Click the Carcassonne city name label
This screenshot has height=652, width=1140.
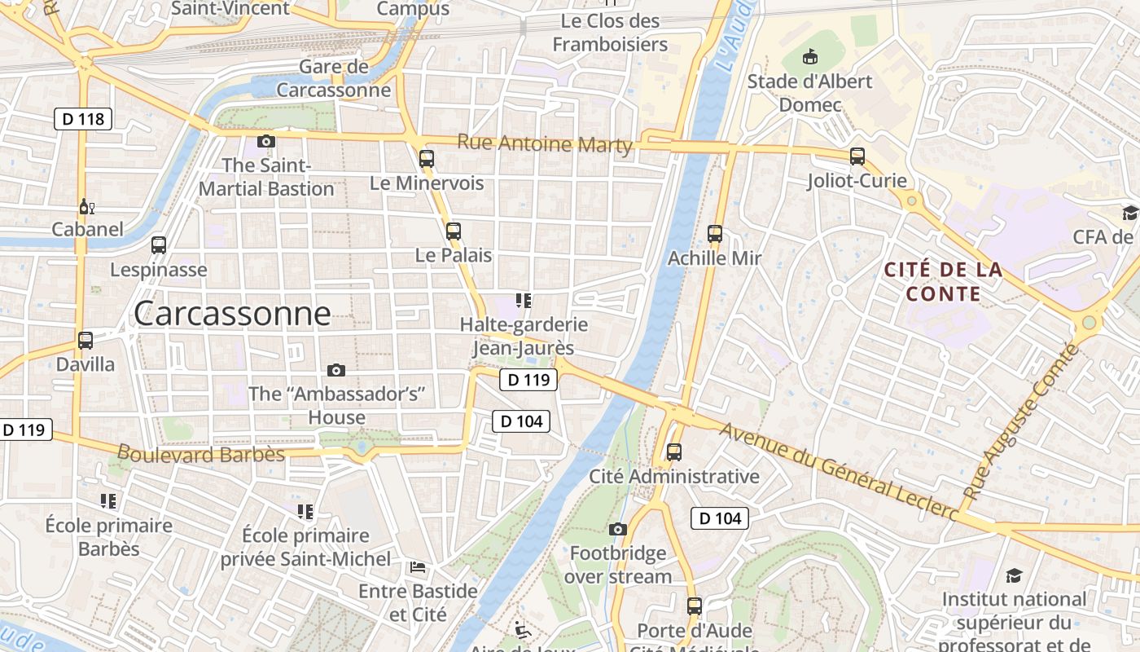point(232,314)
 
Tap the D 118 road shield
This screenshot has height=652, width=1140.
point(83,119)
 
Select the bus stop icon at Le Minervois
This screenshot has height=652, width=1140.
point(427,159)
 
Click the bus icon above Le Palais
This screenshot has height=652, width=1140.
point(454,231)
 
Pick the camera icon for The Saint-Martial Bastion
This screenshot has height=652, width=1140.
point(265,141)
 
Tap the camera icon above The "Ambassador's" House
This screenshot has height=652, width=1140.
point(335,371)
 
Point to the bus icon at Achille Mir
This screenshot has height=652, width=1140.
point(715,234)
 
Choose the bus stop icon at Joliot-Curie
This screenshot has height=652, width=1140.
point(857,156)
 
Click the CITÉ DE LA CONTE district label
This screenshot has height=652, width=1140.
point(943,281)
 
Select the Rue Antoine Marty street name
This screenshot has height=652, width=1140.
point(545,143)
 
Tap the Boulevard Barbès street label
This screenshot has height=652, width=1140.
point(201,454)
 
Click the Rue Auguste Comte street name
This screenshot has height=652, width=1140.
point(1021,423)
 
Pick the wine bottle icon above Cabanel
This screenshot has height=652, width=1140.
point(86,206)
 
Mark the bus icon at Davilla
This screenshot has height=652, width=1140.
point(85,341)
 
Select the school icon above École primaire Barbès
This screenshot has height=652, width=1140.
point(108,500)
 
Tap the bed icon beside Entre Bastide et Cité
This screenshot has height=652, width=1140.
point(418,567)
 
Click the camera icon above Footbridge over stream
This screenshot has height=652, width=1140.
point(618,530)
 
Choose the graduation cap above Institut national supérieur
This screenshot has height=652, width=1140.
point(1014,576)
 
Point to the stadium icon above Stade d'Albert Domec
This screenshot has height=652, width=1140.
point(809,57)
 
